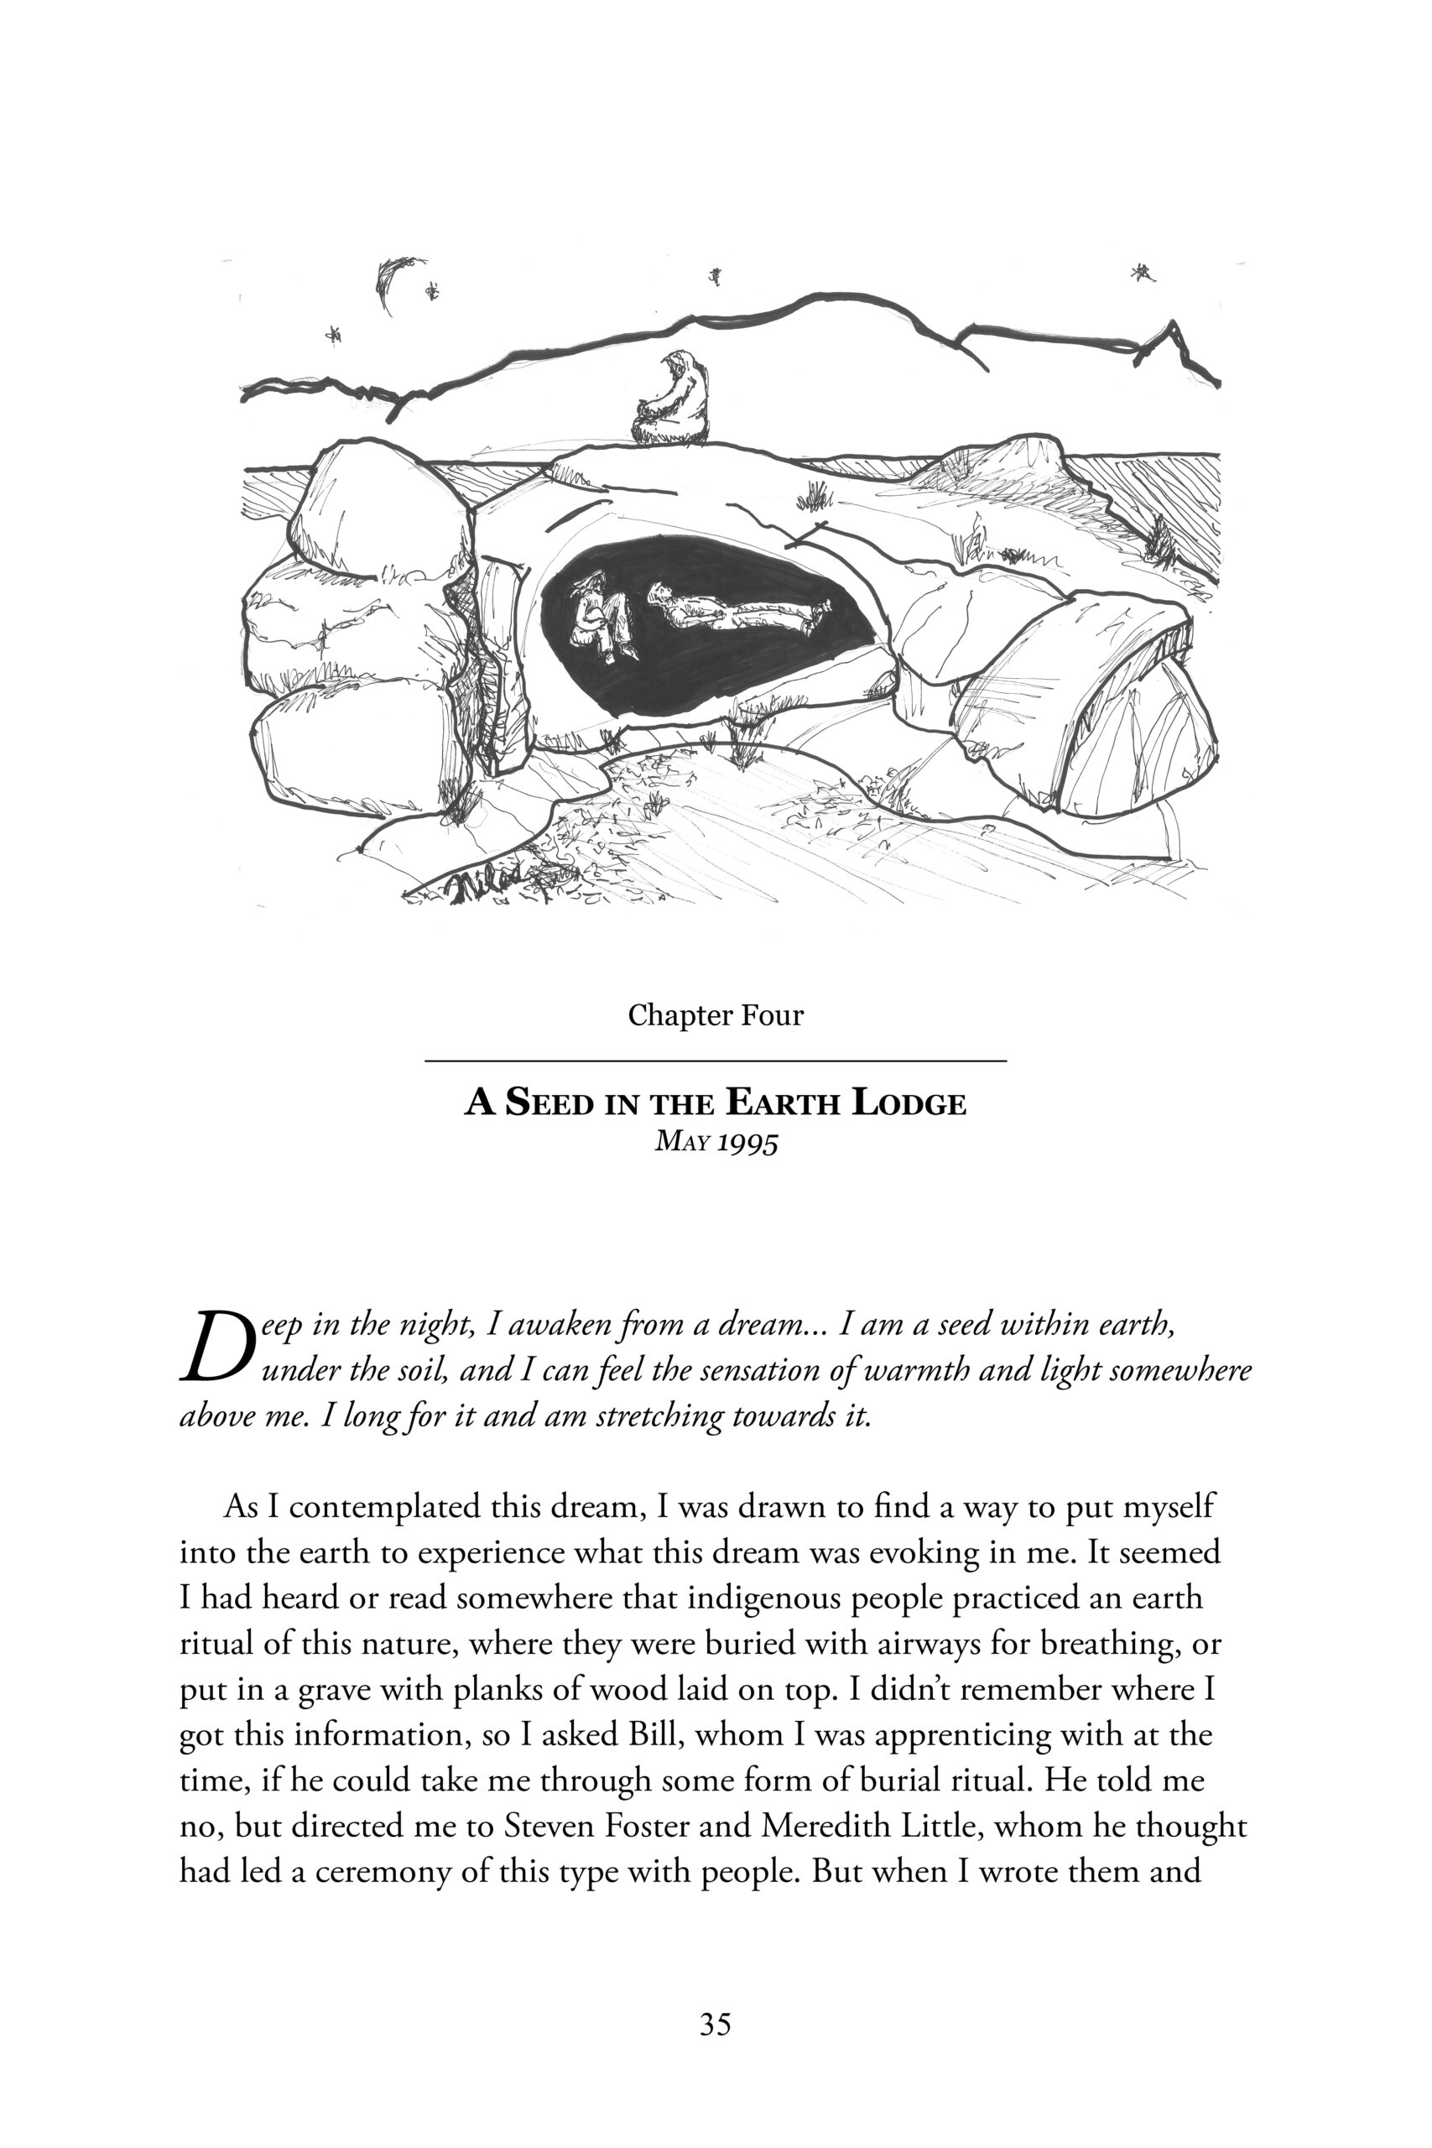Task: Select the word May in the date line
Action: tap(680, 1142)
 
